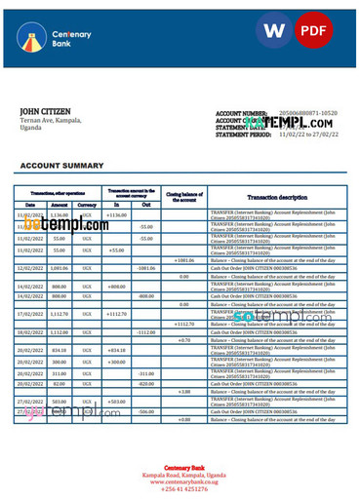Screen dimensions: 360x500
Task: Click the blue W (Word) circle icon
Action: (x=275, y=30)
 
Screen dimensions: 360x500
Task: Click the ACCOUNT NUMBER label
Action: (x=240, y=114)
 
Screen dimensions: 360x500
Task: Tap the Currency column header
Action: (x=87, y=206)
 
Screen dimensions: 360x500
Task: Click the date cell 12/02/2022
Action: (x=29, y=268)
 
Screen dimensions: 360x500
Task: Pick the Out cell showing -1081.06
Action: (x=145, y=268)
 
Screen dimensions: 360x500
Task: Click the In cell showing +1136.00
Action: (x=116, y=214)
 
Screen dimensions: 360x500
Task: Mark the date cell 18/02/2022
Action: (x=29, y=331)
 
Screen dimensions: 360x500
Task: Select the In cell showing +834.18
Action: (x=116, y=349)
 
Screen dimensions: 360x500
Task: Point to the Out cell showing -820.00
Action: (x=145, y=383)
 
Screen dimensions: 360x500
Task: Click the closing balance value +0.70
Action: (x=183, y=340)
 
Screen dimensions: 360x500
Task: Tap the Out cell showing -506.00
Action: (x=145, y=411)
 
